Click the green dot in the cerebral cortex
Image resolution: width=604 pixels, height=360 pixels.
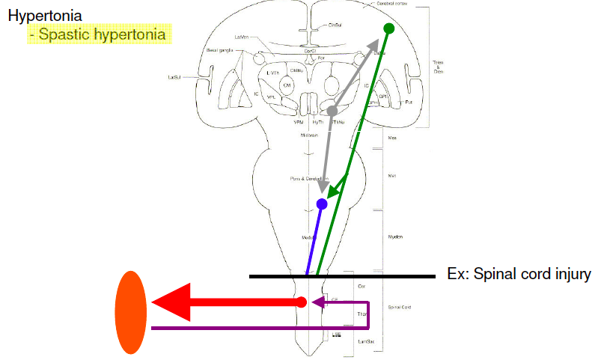[x=388, y=28]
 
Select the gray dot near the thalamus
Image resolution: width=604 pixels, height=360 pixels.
[x=332, y=111]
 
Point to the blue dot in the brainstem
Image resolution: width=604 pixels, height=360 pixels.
[x=322, y=204]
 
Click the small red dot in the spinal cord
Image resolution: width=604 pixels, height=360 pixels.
[x=301, y=302]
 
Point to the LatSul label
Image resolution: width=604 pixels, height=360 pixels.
[x=177, y=76]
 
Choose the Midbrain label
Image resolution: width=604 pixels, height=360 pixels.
[x=310, y=135]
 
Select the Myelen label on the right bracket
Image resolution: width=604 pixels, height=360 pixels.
[x=395, y=237]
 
